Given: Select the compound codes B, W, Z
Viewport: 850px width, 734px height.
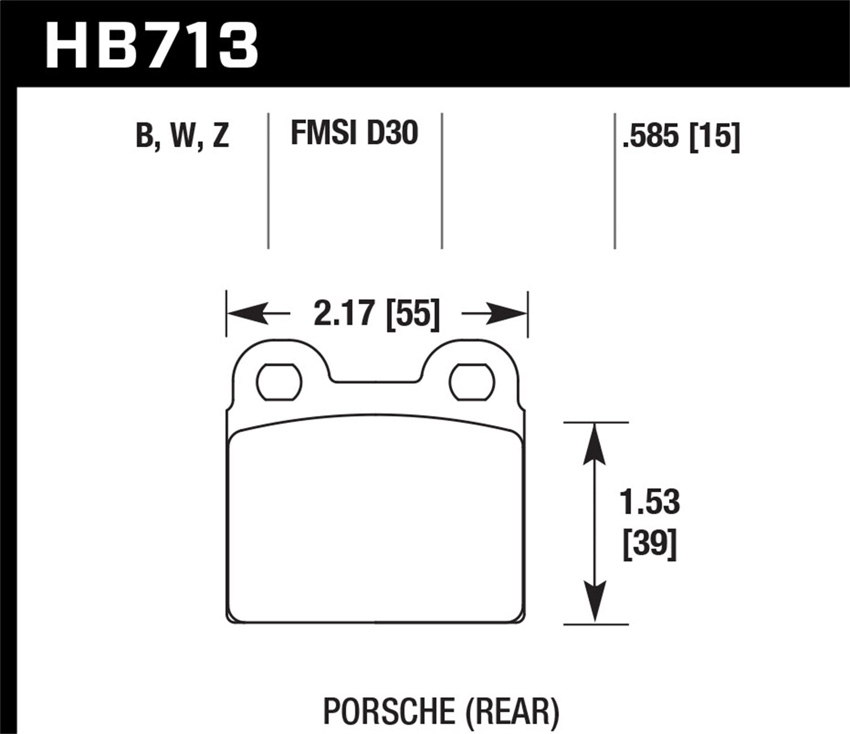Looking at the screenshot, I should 182,136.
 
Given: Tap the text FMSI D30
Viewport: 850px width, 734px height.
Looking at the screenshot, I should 354,133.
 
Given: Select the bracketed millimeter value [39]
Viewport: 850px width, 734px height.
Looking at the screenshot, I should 649,545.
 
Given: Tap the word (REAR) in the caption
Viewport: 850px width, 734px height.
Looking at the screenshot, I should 512,711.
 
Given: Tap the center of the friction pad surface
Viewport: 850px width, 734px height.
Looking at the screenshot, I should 376,524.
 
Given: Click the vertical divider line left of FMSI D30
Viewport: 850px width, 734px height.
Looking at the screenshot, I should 268,181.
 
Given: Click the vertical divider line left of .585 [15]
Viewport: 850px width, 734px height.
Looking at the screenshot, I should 615,181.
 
